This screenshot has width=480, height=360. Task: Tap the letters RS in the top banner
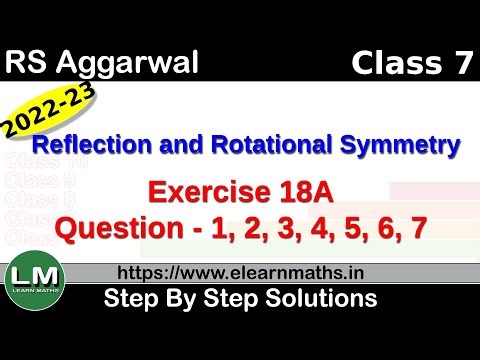[30, 64]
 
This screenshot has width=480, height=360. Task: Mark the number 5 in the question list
[351, 228]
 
